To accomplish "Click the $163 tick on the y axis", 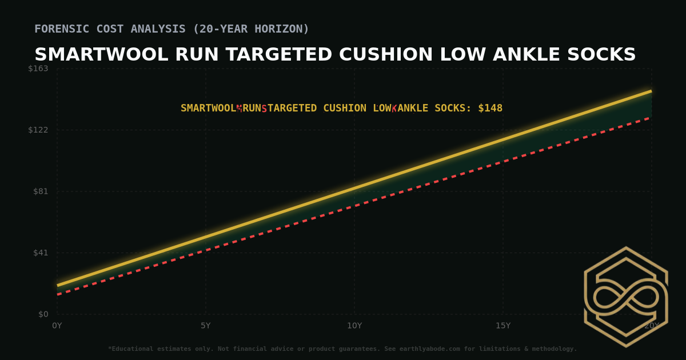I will pyautogui.click(x=38, y=69).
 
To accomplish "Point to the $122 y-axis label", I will pyautogui.click(x=38, y=130).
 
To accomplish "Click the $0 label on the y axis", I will pyautogui.click(x=43, y=314).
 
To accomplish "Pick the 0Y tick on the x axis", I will pyautogui.click(x=57, y=326).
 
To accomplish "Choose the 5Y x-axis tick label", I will pyautogui.click(x=206, y=326).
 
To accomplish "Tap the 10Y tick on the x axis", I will pyautogui.click(x=354, y=326).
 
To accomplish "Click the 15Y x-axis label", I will pyautogui.click(x=503, y=326).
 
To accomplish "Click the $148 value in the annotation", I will pyautogui.click(x=490, y=108).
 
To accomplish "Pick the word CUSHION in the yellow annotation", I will pyautogui.click(x=345, y=108).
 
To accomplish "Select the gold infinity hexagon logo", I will pyautogui.click(x=626, y=297).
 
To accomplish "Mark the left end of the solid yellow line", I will pyautogui.click(x=58, y=285).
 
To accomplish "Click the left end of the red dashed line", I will pyautogui.click(x=58, y=294).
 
